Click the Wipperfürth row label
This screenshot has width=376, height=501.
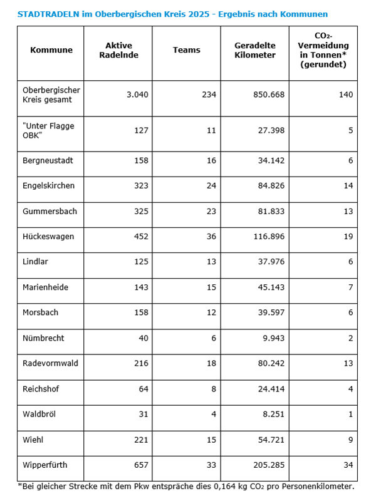(x=44, y=465)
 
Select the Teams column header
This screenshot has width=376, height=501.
(x=187, y=50)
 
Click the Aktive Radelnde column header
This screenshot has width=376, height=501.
(x=122, y=50)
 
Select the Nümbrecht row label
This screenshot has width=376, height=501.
(x=43, y=338)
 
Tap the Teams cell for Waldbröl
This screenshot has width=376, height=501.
(x=211, y=414)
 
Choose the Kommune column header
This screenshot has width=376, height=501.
(x=51, y=50)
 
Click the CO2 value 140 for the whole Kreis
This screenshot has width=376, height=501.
(x=345, y=95)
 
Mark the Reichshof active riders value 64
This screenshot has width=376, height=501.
(x=142, y=389)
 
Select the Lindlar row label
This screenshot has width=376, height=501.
(x=36, y=262)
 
